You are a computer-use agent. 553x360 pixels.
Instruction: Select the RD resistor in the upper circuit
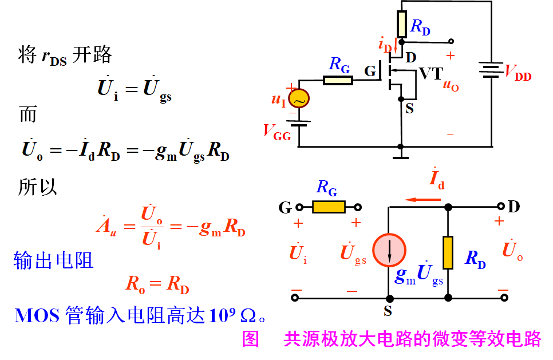point(401,23)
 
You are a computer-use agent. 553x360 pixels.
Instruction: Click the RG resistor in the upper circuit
point(338,80)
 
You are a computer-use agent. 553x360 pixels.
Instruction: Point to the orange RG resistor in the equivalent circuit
point(329,207)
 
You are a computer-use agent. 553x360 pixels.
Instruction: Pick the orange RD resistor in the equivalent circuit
point(448,252)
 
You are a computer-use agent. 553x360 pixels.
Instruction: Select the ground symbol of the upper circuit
point(401,153)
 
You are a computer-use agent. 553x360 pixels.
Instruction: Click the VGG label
point(277,132)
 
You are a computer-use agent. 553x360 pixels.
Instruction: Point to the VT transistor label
point(431,73)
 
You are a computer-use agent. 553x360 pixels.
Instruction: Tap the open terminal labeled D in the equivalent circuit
point(502,207)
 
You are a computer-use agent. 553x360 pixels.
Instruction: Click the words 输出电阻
point(53,261)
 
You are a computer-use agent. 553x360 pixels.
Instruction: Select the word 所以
point(38,187)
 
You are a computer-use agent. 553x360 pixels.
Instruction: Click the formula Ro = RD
point(157,284)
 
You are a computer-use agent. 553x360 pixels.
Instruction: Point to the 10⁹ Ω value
point(232,315)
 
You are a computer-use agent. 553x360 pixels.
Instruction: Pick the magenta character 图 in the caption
point(251,339)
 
